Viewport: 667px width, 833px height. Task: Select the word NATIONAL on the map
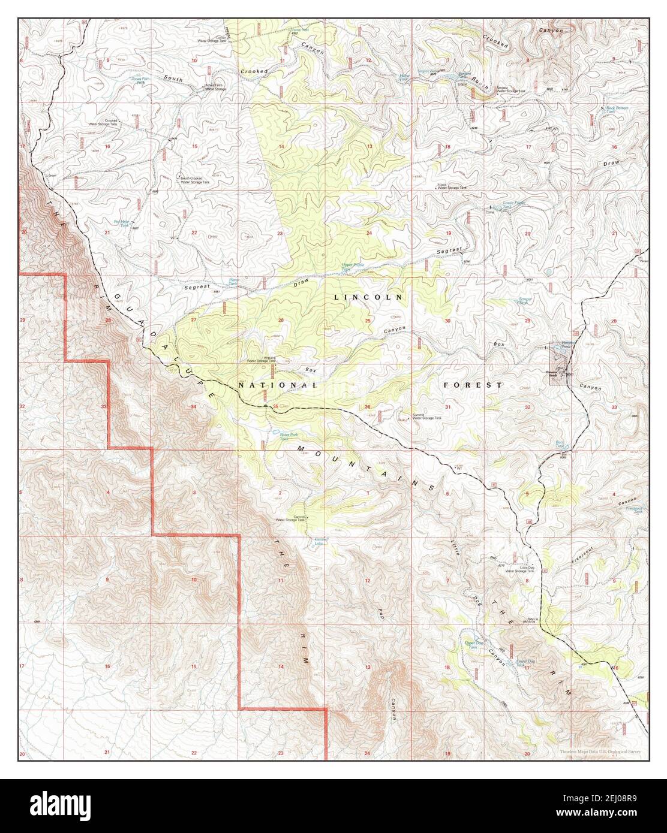tap(277, 385)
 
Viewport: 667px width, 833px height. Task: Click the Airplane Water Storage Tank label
tap(262, 360)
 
